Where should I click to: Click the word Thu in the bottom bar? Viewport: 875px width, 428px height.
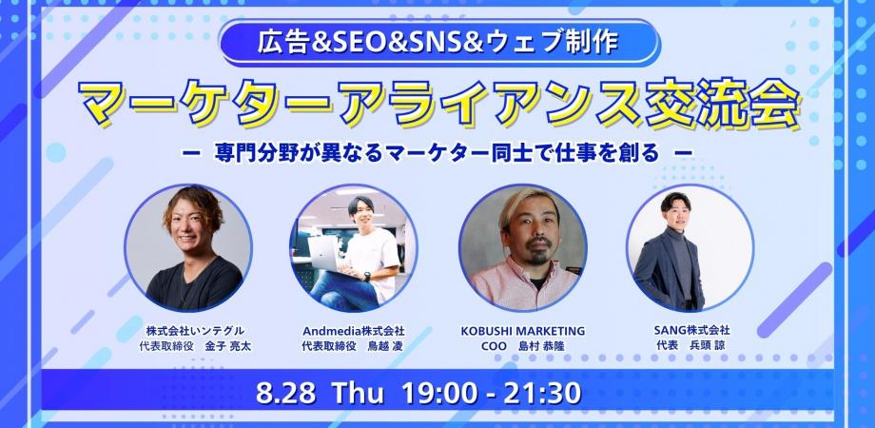[358, 393]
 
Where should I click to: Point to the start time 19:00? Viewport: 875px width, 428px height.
[438, 393]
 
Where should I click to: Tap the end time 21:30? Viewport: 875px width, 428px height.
[541, 393]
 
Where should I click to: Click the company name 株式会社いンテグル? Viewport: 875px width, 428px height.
[195, 331]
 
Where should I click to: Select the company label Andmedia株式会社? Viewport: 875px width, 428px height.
[353, 331]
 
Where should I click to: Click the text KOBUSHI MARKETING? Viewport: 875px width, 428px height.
[523, 331]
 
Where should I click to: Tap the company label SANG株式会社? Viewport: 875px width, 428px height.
[692, 330]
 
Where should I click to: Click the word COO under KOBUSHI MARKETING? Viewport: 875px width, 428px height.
[494, 346]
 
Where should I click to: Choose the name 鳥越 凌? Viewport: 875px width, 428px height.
[385, 346]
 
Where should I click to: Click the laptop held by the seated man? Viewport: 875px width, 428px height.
[324, 254]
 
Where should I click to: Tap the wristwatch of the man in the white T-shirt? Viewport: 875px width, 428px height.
[366, 276]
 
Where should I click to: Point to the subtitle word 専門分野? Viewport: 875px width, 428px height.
[243, 153]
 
